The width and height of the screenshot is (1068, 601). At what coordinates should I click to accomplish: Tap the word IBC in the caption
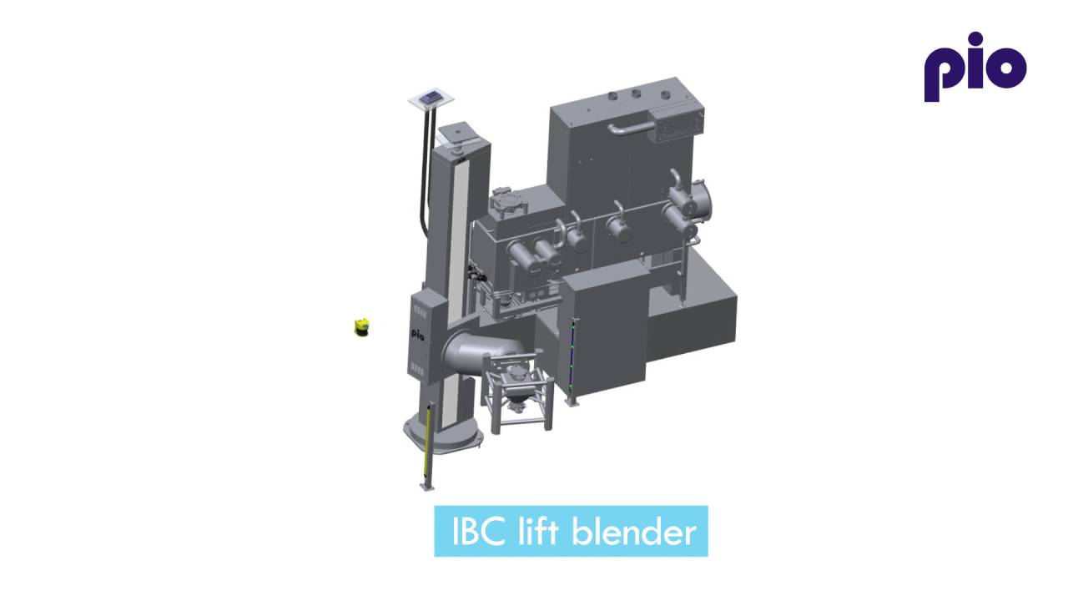[x=477, y=532]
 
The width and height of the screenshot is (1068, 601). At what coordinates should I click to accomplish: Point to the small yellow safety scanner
[x=362, y=327]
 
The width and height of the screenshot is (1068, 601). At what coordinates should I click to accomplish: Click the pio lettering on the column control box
[x=418, y=333]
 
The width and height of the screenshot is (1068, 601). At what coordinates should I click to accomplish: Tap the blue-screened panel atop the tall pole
[x=431, y=98]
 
